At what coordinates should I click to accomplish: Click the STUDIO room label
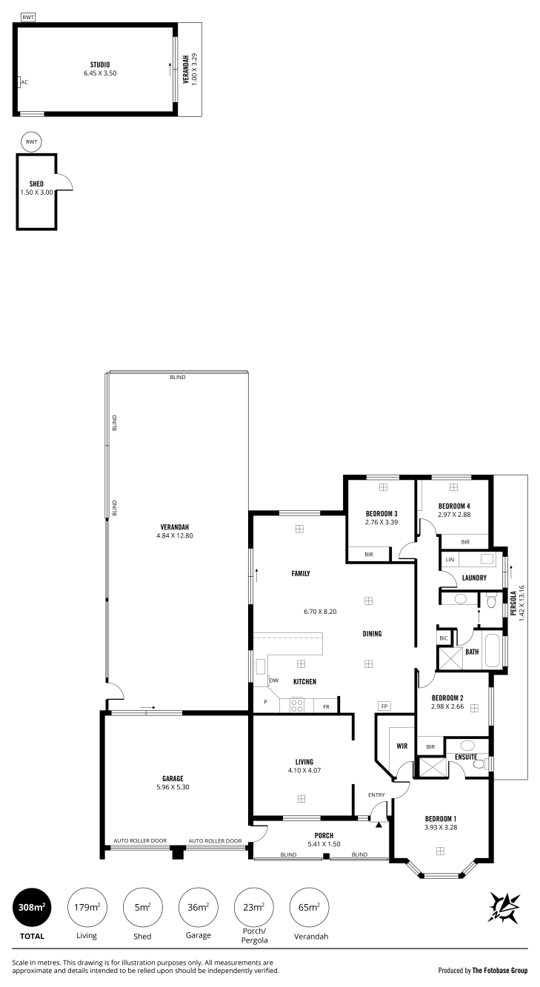tap(100, 64)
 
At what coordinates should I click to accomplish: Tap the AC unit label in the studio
tap(24, 82)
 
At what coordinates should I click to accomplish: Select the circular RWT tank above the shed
tap(32, 142)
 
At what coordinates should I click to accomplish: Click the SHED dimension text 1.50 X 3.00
tap(36, 193)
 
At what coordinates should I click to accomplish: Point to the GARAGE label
tap(173, 779)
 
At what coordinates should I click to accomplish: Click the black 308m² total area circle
tap(32, 907)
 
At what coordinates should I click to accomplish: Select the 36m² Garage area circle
tap(198, 907)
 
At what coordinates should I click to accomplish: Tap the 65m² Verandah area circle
tap(309, 907)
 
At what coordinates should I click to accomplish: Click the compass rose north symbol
tap(504, 907)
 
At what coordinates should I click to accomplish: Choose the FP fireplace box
tap(384, 706)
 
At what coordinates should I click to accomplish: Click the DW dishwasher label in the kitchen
tap(274, 680)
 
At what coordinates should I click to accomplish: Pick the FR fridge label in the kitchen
tap(326, 707)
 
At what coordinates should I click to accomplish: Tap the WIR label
tap(402, 746)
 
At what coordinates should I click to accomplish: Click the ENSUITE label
tap(466, 757)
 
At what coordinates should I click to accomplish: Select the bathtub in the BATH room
tap(493, 652)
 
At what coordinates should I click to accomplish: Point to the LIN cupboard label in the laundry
tap(450, 560)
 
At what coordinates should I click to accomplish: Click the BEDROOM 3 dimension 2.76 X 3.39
tap(381, 522)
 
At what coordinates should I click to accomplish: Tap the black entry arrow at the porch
tap(379, 824)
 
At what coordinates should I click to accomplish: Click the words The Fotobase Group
tap(500, 970)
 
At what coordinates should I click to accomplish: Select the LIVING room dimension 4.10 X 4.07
tap(304, 771)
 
